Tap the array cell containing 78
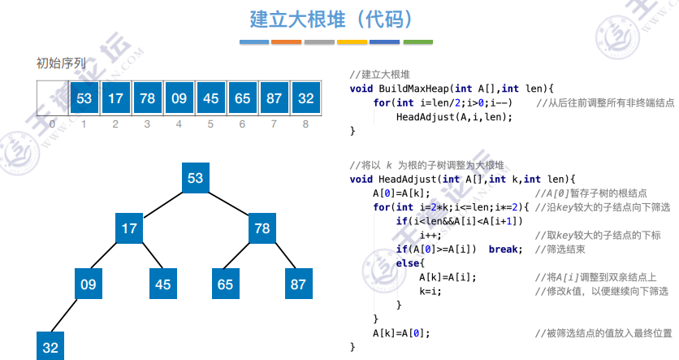(147, 98)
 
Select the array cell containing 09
(179, 98)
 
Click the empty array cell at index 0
(52, 98)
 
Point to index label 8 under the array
(305, 124)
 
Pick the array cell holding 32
(305, 98)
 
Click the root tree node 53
(195, 178)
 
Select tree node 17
(129, 229)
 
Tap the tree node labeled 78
(262, 229)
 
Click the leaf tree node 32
(50, 347)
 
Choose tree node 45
(163, 284)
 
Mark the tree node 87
(299, 284)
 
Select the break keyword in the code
(504, 249)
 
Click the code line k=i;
(430, 290)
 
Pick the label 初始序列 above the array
(61, 63)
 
